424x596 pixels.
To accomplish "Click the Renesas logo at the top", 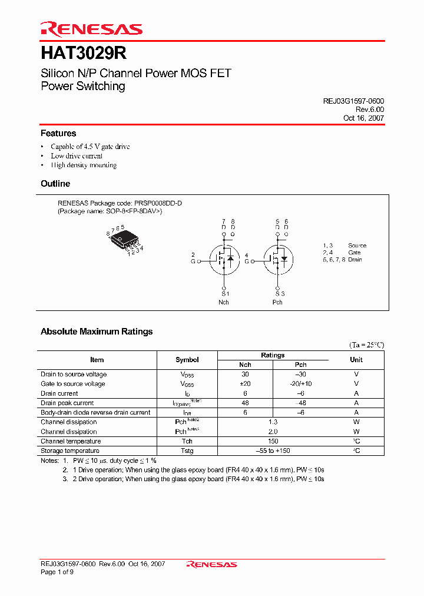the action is pos(91,29).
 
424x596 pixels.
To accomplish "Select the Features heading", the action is pos(58,134).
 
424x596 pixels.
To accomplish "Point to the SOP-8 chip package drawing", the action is pos(124,239).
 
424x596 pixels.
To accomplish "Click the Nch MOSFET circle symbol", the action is pos(224,259).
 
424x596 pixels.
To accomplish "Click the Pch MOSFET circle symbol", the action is pos(277,259).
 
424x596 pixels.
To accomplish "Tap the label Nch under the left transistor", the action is pos(224,302).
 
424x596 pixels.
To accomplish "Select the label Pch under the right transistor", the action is pos(277,302).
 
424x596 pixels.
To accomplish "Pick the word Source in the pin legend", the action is pos(357,246).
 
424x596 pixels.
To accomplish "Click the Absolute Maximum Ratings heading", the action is pos(97,332).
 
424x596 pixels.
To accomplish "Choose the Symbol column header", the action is pos(187,360).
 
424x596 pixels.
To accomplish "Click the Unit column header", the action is pos(356,360).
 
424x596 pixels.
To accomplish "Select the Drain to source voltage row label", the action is pos(74,375).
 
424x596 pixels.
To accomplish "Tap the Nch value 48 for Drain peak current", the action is pos(245,403).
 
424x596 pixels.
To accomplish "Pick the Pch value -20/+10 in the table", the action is pos(300,384).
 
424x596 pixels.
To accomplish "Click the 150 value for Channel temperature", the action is pos(273,441).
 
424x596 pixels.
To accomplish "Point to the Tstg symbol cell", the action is pos(187,451).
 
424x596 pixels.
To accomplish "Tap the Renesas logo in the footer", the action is pos(211,565).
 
